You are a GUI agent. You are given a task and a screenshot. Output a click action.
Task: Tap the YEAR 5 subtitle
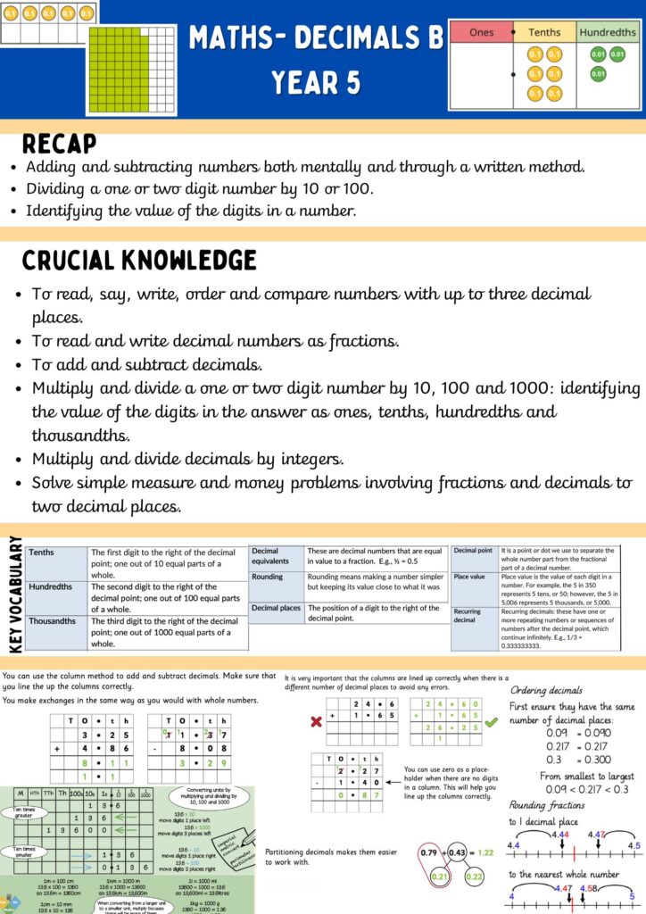(316, 83)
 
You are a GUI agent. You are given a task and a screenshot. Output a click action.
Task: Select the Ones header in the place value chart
(481, 33)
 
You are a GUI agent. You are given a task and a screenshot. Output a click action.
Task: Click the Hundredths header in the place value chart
(608, 33)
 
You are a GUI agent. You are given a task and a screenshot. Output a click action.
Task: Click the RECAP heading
(59, 145)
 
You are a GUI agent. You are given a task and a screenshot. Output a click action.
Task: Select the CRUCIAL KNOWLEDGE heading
(139, 261)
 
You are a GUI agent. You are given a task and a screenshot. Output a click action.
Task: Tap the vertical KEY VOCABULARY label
(13, 594)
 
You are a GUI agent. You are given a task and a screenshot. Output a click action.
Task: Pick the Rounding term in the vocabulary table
(268, 577)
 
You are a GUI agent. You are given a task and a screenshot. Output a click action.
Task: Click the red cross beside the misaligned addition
(315, 721)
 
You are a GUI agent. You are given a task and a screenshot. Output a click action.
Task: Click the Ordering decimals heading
(546, 691)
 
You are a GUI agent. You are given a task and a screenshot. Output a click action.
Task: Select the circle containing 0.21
(440, 877)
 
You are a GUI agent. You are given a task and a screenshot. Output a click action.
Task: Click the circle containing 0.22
(474, 877)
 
